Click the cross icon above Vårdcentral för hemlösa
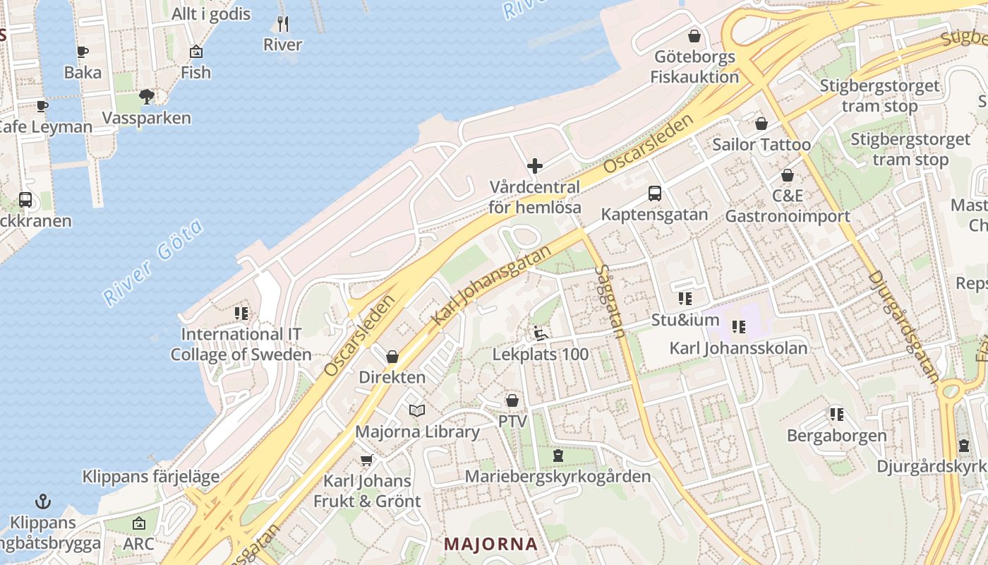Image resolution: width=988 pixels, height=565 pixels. click(535, 167)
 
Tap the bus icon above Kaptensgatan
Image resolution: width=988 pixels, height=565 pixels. click(655, 193)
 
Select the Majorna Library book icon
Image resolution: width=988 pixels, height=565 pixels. click(417, 410)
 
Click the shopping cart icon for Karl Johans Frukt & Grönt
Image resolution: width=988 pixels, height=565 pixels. click(366, 460)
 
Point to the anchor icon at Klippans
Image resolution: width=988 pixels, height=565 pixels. click(44, 502)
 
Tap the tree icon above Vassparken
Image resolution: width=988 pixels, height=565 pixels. click(147, 96)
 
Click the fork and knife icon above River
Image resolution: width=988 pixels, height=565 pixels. click(283, 24)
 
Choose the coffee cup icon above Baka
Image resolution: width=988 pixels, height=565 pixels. click(83, 52)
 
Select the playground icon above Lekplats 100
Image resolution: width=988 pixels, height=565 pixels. click(541, 333)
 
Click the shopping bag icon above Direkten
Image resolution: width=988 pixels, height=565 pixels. click(392, 357)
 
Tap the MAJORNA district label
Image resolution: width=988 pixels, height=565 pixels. click(491, 545)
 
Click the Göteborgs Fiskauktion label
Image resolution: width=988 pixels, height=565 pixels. click(695, 67)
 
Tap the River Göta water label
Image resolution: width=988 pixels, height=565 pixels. click(154, 262)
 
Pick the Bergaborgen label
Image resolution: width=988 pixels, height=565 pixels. click(836, 435)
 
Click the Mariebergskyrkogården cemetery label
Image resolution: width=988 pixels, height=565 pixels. click(558, 477)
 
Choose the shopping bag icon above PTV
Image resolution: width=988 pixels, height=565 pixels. click(512, 400)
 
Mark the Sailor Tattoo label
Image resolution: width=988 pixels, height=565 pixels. click(761, 145)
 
